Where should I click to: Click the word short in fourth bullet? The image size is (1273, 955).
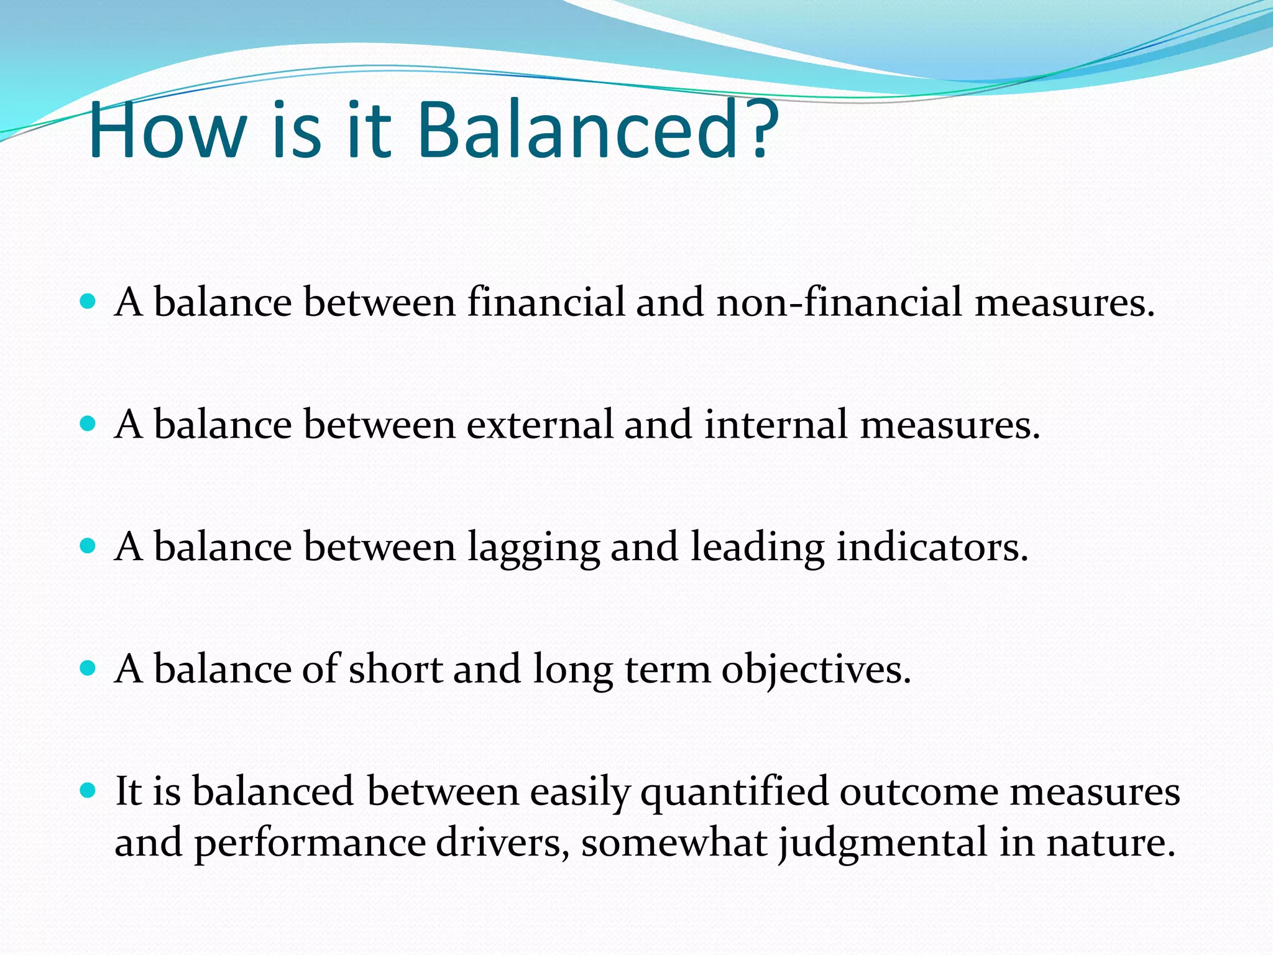(395, 670)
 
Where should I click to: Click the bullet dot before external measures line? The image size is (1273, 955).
(88, 424)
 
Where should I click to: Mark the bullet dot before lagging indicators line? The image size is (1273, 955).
(88, 546)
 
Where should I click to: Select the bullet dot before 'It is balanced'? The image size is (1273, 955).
(88, 791)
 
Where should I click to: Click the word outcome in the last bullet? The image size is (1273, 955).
(919, 792)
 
